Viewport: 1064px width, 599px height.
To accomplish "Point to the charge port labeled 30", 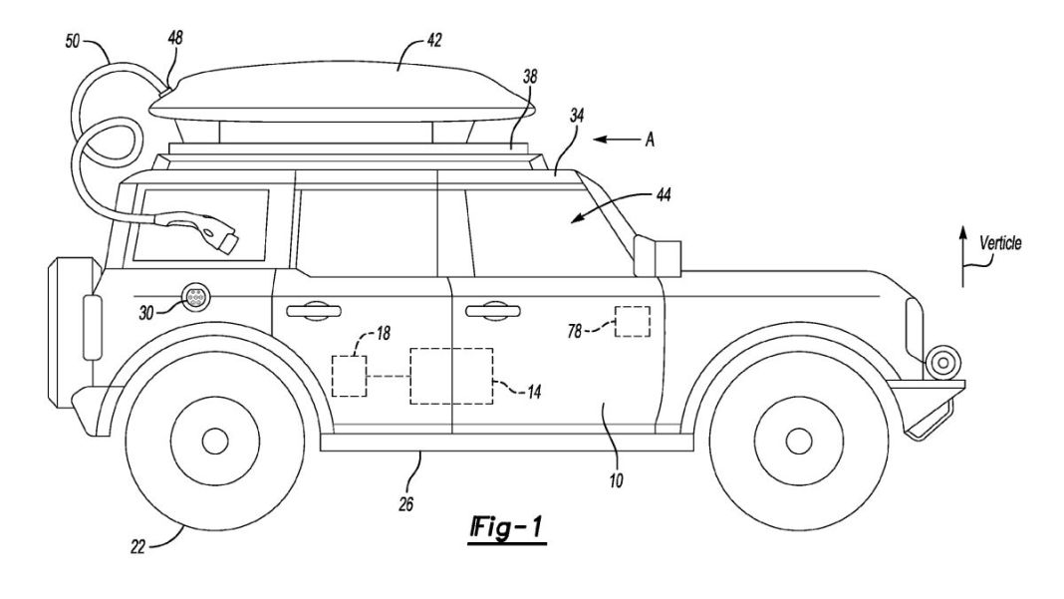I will tap(197, 297).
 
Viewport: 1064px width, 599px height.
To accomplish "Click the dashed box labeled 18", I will tap(350, 377).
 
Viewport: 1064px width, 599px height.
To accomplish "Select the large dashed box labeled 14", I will tap(451, 375).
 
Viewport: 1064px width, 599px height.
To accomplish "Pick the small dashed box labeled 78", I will tap(632, 323).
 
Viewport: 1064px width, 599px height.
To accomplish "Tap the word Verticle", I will tap(999, 241).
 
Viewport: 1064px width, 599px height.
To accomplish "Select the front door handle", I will tap(488, 311).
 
